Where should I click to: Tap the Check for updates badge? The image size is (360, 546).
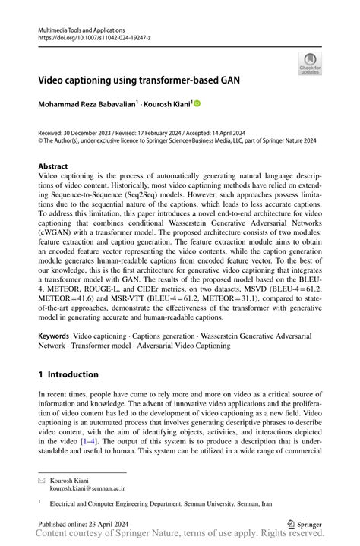point(309,64)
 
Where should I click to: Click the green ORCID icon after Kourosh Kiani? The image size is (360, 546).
point(198,103)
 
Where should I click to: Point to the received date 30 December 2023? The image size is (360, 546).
point(90,131)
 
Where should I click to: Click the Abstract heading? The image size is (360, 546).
point(52,166)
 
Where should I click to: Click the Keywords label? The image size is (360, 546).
point(54,335)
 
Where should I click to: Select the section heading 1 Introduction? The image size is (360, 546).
point(68,374)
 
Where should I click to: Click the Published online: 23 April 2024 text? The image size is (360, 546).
point(84,523)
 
